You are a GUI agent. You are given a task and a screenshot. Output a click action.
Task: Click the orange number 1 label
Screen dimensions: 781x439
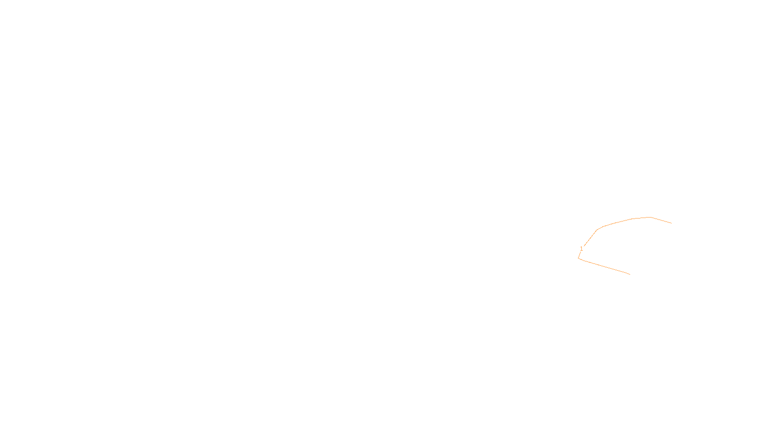pos(581,249)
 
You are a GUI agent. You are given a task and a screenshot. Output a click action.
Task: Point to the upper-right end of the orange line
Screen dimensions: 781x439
pos(672,223)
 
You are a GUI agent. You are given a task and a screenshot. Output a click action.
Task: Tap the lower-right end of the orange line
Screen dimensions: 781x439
pos(630,274)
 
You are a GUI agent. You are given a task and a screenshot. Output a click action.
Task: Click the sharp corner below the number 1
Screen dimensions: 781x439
pos(578,258)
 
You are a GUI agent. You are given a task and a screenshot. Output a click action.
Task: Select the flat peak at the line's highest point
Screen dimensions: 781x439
pos(649,218)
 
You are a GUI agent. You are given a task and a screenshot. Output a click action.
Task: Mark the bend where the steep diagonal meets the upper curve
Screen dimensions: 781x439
pos(597,230)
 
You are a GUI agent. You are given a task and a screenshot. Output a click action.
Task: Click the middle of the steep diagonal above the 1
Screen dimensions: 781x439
pos(590,238)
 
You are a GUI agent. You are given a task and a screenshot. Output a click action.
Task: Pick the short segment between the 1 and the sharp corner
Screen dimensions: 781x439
pos(579,255)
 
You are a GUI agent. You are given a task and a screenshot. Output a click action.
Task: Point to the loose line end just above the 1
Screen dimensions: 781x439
pos(584,246)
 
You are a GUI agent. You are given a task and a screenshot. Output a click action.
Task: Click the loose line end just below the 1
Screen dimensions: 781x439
pos(580,252)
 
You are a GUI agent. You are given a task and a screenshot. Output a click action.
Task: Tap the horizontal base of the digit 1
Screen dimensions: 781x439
pos(581,251)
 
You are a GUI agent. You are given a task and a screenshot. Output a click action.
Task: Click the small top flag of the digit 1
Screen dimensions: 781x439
pos(580,247)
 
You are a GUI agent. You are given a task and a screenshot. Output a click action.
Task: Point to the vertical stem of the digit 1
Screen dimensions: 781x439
pos(581,249)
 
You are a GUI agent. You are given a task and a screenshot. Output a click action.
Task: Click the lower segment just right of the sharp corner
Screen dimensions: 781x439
pos(583,260)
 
